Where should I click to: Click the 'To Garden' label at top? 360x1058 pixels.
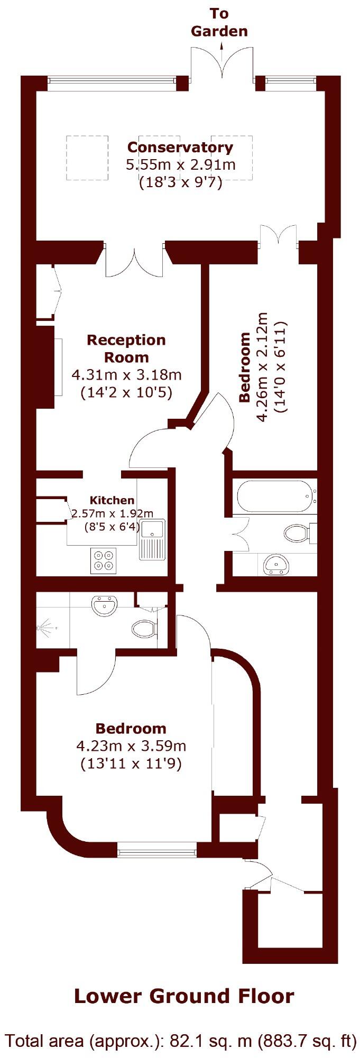point(219,22)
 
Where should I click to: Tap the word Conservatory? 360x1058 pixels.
point(180,147)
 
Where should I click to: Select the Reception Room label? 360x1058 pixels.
point(126,348)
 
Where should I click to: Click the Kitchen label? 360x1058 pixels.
point(112,500)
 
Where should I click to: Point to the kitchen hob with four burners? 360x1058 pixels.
point(104,560)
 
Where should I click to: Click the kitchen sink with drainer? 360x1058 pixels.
point(152,539)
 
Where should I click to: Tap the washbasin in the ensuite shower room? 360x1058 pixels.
point(104,604)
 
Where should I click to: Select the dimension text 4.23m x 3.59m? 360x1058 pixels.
point(131,746)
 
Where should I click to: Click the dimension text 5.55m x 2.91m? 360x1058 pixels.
point(180,164)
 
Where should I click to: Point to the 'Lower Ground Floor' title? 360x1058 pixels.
point(183,996)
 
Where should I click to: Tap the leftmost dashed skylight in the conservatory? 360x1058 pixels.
point(87,158)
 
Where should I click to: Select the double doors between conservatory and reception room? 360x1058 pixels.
point(134,259)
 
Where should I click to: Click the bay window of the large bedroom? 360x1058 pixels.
point(156,851)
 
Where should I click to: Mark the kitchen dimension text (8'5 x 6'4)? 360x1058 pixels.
point(112,526)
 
